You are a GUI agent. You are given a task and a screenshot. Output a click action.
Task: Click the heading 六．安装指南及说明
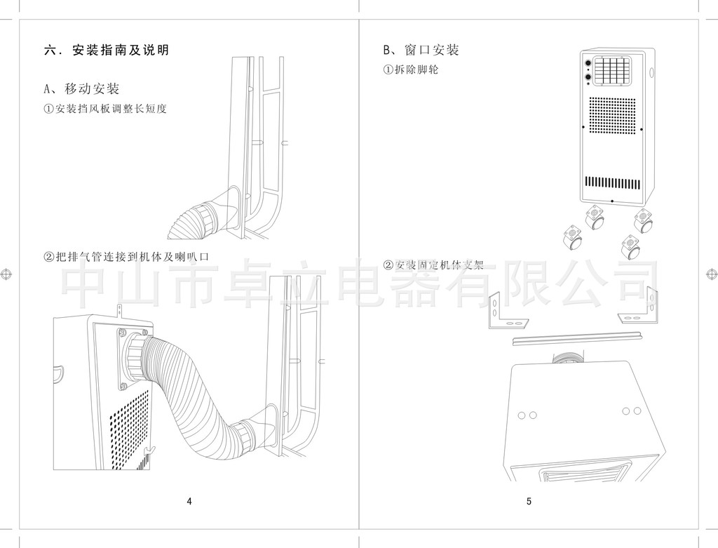click(x=107, y=51)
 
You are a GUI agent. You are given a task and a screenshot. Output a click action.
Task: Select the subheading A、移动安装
click(x=81, y=89)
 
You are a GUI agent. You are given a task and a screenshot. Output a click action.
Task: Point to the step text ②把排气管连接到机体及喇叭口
click(x=126, y=258)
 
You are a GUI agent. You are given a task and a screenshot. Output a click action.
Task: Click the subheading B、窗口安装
click(x=421, y=50)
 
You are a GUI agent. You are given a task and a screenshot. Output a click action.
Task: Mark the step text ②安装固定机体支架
click(x=433, y=265)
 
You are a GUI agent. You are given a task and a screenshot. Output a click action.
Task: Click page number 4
click(x=189, y=501)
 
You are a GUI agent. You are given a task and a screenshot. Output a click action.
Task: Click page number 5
click(x=529, y=501)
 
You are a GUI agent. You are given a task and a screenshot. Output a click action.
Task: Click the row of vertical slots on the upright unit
click(x=613, y=182)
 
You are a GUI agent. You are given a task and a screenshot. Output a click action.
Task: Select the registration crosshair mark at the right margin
click(x=711, y=274)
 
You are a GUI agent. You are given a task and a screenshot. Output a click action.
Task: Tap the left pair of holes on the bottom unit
click(x=527, y=415)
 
